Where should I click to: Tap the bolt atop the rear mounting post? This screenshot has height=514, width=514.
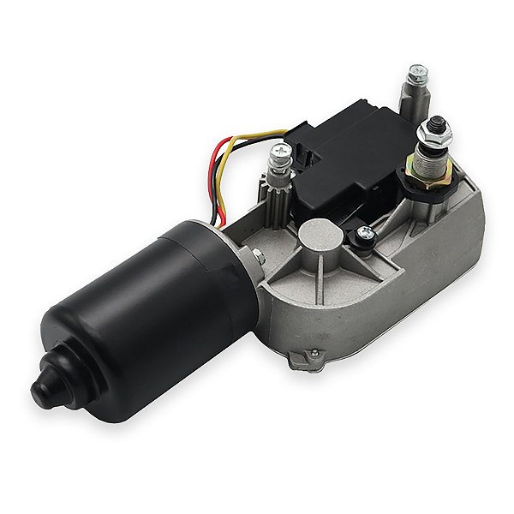[417, 73]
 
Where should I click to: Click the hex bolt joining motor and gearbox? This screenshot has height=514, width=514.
[256, 254]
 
